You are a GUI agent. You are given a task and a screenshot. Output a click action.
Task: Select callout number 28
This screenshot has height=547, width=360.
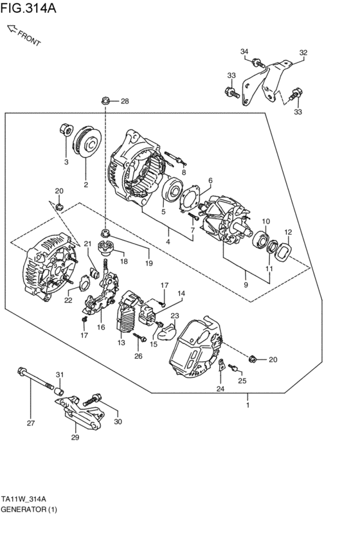point(124,101)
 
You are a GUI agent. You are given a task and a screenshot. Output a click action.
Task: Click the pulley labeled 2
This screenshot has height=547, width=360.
point(85,141)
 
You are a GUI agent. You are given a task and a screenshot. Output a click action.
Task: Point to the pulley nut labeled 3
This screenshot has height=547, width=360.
point(65,128)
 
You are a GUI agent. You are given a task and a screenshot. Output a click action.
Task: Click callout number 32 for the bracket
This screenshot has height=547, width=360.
point(303,52)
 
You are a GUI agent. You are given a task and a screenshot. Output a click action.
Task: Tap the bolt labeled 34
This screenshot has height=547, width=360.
point(256,63)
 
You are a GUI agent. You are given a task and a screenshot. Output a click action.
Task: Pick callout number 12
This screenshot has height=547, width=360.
point(288,232)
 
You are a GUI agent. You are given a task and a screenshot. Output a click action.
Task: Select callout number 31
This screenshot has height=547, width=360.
point(59,375)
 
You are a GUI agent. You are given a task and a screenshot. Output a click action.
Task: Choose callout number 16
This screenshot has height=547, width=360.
point(101,327)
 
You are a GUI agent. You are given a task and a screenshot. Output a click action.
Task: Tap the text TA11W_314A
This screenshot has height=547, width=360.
point(24,499)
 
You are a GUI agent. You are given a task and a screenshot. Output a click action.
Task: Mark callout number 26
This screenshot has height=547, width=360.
point(138,356)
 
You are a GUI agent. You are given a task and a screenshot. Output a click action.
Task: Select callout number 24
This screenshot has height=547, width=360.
point(220,389)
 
